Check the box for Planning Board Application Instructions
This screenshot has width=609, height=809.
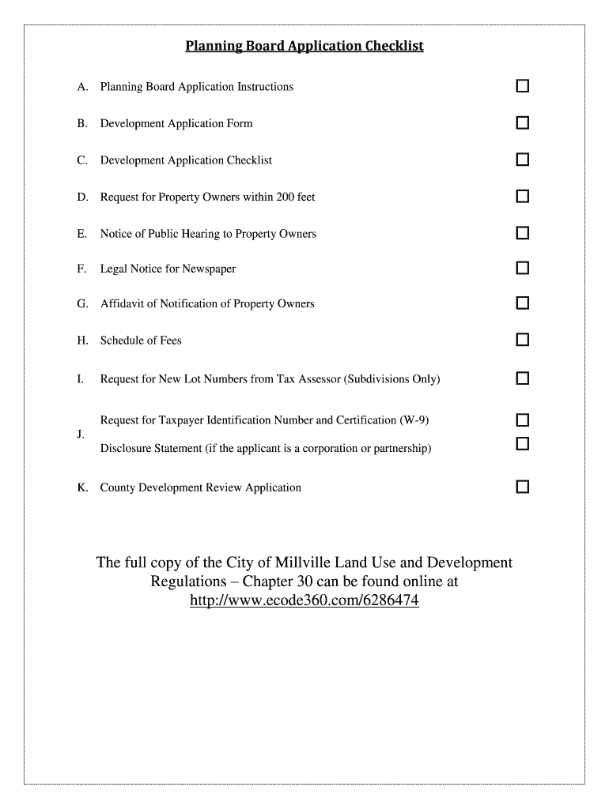click(522, 86)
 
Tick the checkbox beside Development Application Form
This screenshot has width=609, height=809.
click(522, 123)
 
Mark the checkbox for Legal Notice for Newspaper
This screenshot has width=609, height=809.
click(522, 269)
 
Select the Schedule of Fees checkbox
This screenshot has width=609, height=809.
click(522, 341)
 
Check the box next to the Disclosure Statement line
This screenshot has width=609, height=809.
click(522, 445)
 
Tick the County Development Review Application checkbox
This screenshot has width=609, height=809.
click(522, 487)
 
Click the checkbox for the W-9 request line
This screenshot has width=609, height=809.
click(522, 420)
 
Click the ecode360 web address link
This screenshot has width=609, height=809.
click(304, 601)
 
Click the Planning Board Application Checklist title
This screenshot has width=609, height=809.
click(304, 46)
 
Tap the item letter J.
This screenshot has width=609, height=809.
click(81, 435)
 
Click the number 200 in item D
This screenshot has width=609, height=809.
click(285, 197)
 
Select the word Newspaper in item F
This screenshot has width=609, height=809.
click(209, 269)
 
